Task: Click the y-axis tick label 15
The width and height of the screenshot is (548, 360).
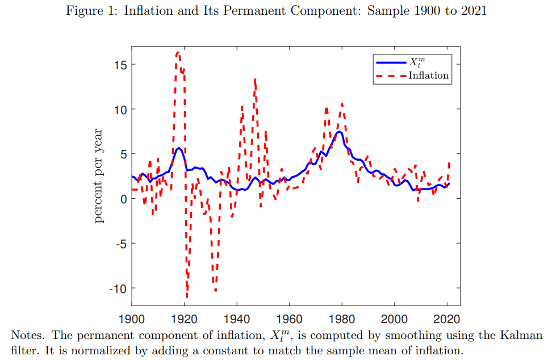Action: click(118, 64)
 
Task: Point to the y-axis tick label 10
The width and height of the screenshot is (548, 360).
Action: click(118, 109)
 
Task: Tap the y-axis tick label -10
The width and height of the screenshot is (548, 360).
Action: click(116, 288)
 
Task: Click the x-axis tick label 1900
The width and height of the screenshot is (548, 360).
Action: click(132, 319)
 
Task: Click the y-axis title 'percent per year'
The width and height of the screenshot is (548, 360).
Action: click(99, 176)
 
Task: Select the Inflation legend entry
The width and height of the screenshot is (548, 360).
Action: click(428, 76)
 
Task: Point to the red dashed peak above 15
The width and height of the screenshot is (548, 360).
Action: click(178, 52)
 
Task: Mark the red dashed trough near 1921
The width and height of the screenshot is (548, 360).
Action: click(187, 296)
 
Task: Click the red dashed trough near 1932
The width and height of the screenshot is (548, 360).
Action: click(216, 291)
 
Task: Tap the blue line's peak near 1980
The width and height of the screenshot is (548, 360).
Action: click(339, 132)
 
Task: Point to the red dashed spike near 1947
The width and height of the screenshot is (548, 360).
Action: click(256, 79)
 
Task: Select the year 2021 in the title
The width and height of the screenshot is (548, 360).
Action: click(472, 11)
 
